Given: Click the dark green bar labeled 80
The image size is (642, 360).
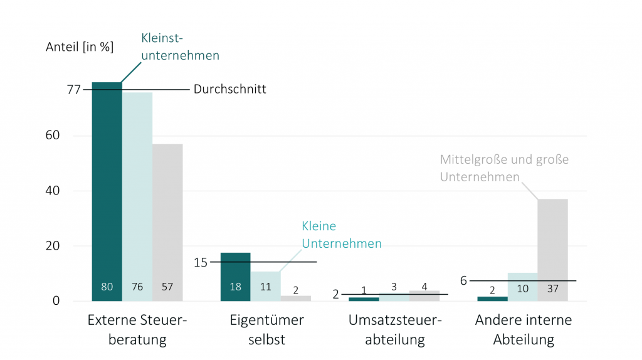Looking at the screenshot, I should point(107,188).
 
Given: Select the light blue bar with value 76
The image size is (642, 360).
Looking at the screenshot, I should point(137,194).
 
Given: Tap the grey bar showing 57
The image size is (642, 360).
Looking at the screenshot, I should point(167,220).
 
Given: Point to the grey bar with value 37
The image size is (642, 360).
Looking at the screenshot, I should point(552,248).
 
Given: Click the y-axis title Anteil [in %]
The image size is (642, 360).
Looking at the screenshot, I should point(80,47).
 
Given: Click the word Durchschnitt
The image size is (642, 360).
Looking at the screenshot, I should point(229,89).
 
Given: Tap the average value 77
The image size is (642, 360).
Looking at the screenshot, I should point(74,90).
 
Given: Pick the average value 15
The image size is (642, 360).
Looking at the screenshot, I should point(201,262).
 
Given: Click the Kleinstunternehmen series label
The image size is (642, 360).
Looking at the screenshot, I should point(180,47).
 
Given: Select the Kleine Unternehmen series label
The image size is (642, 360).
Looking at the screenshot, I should point(341,235).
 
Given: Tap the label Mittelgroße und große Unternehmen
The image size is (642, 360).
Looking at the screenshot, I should point(503,168).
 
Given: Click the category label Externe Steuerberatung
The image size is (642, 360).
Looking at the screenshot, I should point(137,330).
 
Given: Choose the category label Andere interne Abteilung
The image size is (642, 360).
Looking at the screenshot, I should point(524,330).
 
